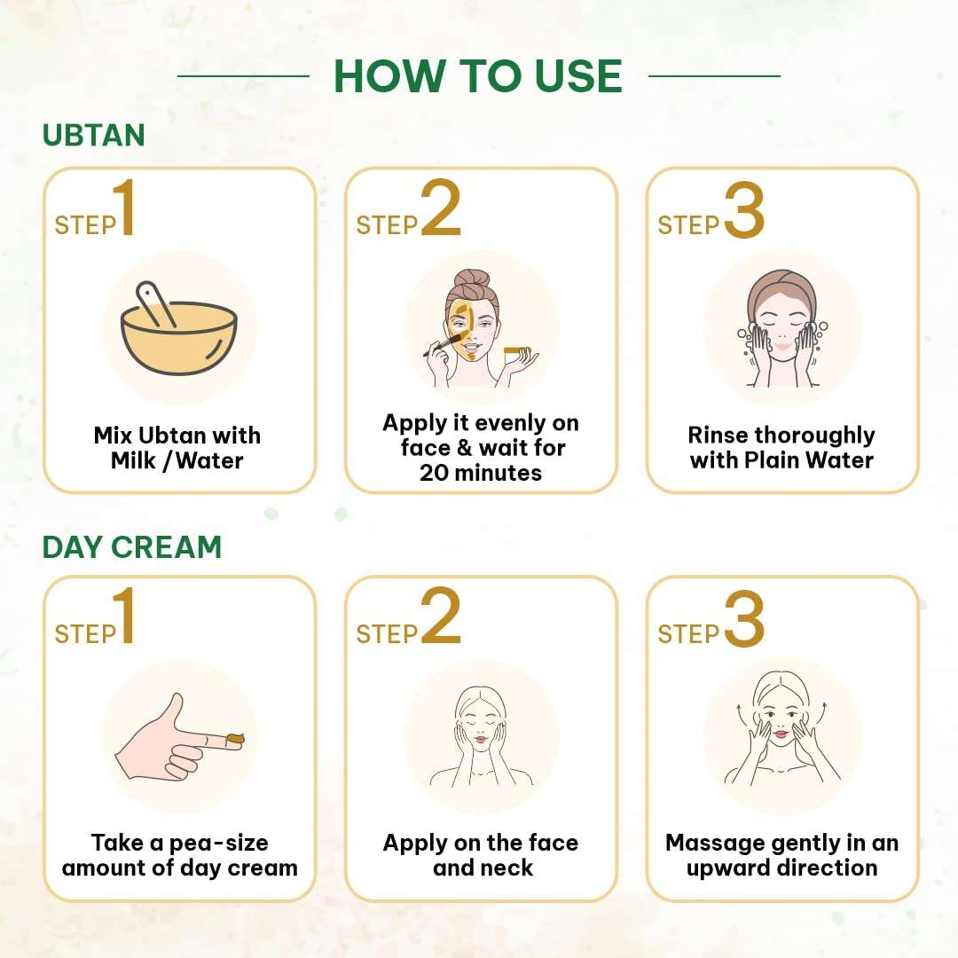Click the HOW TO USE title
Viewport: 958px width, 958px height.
(478, 76)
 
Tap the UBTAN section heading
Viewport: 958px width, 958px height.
(93, 135)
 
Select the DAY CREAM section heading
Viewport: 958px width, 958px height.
(132, 546)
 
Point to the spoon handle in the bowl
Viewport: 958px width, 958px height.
(155, 303)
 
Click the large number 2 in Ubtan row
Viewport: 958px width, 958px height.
(441, 207)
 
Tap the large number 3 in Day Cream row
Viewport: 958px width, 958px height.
(744, 618)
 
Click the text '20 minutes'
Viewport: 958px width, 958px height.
(481, 473)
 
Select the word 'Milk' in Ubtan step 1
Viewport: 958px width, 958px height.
(134, 460)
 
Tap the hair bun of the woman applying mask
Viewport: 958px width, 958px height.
(472, 279)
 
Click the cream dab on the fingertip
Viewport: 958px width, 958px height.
(234, 739)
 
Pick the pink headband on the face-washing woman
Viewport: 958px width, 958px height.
(782, 292)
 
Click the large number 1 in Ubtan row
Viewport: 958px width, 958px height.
(125, 207)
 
